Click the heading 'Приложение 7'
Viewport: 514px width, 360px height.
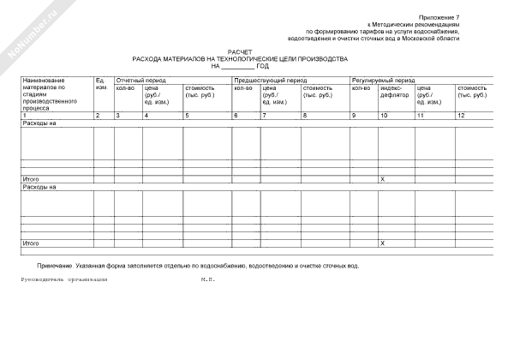pos(439,17)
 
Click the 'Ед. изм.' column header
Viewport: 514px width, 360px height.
pos(101,84)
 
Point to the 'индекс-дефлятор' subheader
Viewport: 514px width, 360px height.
pos(392,92)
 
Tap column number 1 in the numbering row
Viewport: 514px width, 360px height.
pos(25,115)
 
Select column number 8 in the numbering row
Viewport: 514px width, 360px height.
pos(304,115)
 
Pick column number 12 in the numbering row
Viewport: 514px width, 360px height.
pos(461,115)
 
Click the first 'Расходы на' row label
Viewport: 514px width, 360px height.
pos(39,123)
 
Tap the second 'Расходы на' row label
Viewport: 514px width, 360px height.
pos(39,186)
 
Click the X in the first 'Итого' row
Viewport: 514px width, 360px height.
pos(382,179)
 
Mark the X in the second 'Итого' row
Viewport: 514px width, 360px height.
pos(382,243)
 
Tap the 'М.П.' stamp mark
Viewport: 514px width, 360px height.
pos(208,280)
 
